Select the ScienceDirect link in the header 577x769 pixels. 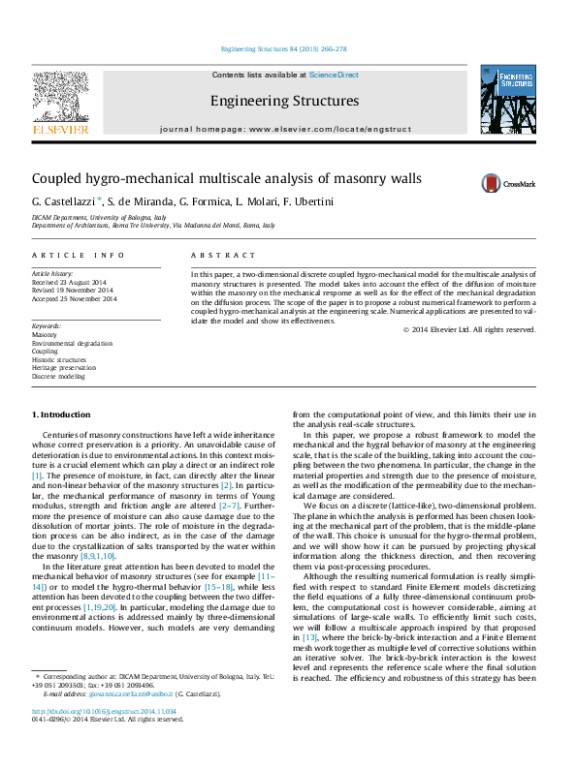pyautogui.click(x=334, y=75)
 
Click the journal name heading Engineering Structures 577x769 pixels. pyautogui.click(x=284, y=101)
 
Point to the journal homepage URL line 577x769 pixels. pyautogui.click(x=285, y=129)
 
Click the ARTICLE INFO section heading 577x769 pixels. pyautogui.click(x=79, y=255)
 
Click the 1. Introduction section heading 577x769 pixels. pyautogui.click(x=61, y=415)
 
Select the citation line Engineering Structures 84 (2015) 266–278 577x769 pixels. pyautogui.click(x=284, y=48)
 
